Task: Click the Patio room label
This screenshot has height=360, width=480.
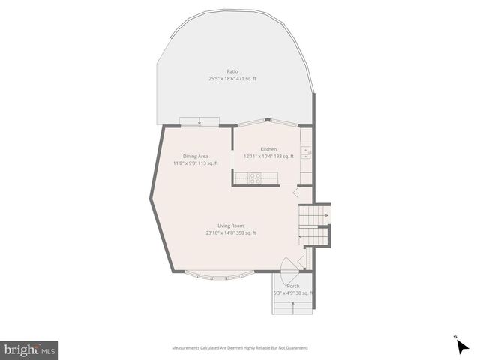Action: coord(232,71)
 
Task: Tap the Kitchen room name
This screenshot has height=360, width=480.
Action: coord(268,149)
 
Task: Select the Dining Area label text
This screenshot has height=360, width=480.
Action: coord(196,156)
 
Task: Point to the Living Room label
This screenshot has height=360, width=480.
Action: coord(231,226)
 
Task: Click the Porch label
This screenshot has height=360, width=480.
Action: coord(293,286)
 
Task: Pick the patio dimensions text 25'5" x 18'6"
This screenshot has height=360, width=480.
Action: coord(222,78)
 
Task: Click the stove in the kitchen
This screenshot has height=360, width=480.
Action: coord(256,178)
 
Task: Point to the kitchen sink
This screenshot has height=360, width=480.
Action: coord(306,152)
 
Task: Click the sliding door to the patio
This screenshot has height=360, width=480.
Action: coord(199,122)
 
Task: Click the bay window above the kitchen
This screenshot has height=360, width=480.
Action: coord(266,121)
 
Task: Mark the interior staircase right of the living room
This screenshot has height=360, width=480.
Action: coord(313,224)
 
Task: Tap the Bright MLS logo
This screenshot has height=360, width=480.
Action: coord(30,349)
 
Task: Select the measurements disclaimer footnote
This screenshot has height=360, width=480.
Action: coord(239,348)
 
